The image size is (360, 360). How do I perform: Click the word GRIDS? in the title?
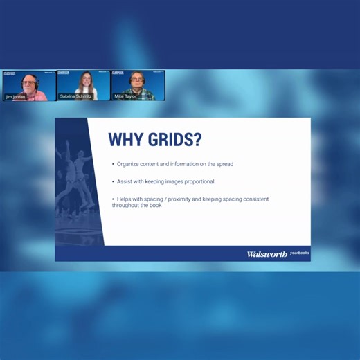[x=174, y=140]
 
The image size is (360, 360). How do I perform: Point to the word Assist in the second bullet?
[x=125, y=181]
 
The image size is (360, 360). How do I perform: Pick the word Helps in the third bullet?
[x=124, y=199]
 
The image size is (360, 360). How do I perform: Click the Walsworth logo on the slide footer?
[x=267, y=254]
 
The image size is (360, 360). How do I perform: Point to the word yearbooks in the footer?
[x=299, y=253]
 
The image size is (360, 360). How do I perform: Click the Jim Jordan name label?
[x=17, y=97]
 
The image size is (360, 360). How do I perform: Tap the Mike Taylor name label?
[x=125, y=97]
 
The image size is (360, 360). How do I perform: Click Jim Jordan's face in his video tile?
[x=28, y=84]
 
